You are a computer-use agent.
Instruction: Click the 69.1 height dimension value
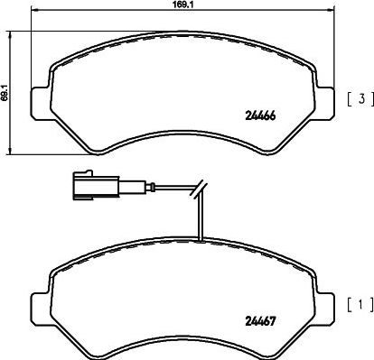5,88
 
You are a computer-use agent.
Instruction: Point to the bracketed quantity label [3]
356,98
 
